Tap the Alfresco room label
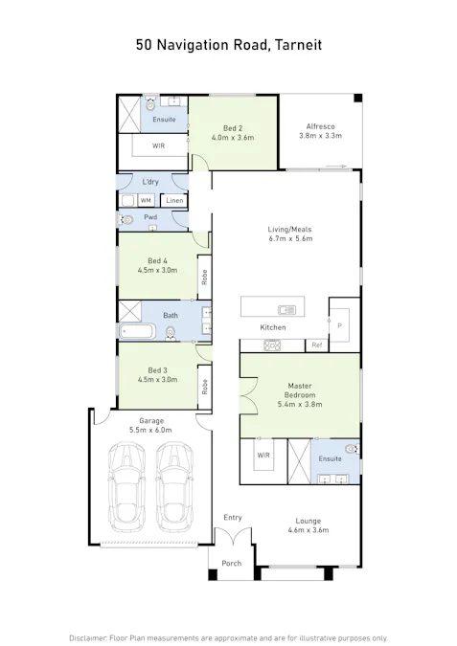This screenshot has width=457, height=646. click(x=321, y=126)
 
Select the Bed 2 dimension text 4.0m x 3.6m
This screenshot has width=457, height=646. click(x=233, y=138)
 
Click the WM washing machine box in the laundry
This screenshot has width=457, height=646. click(x=146, y=200)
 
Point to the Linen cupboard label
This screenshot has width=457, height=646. click(x=174, y=200)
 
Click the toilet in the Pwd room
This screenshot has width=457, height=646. click(x=126, y=220)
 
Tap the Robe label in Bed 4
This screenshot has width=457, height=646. click(x=205, y=277)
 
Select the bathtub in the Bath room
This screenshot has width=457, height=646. click(x=137, y=331)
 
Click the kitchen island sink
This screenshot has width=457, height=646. click(x=286, y=309)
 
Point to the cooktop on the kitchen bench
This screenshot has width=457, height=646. click(x=272, y=345)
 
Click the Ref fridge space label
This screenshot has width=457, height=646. click(x=317, y=345)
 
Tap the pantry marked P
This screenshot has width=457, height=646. click(x=340, y=325)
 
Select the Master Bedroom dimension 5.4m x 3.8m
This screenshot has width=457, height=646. click(x=300, y=404)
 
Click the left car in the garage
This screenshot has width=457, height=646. click(x=127, y=487)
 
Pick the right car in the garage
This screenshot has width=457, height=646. click(x=175, y=487)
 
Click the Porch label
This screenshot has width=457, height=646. click(x=232, y=563)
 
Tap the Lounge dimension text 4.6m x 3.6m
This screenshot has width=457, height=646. click(x=308, y=530)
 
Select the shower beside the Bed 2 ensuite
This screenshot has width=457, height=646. click(x=129, y=115)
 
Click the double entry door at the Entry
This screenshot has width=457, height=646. click(x=233, y=536)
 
